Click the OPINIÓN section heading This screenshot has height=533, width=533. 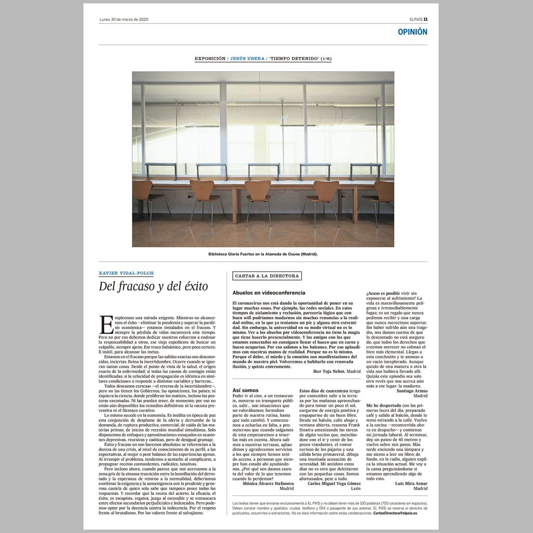pos(412,32)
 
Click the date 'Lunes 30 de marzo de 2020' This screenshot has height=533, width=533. pos(124,20)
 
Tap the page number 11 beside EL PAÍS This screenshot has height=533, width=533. pos(425,20)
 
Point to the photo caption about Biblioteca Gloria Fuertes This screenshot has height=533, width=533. pos(262,254)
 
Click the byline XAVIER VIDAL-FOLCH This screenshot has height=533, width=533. pos(126,273)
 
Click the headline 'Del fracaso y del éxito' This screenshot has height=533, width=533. pos(153,286)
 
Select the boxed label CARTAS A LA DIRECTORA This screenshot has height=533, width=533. pos(267,276)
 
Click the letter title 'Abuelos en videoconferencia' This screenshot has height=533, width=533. pos(269,293)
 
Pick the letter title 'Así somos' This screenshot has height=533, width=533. pos(245,390)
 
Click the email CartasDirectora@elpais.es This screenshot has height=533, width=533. pos(400,513)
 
